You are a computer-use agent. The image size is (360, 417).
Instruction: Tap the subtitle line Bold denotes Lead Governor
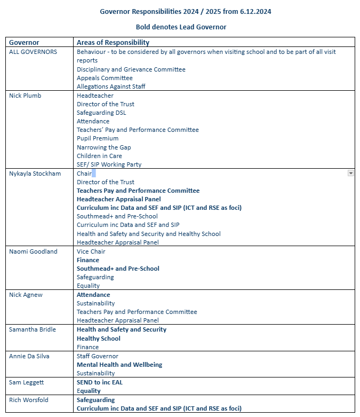pos(181,27)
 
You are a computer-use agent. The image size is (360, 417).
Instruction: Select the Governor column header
pos(24,42)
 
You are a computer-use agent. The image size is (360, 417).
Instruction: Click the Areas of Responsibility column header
pos(113,42)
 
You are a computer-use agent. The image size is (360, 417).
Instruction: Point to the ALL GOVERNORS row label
pos(33,52)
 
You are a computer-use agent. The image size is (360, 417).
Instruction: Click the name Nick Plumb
pos(25,96)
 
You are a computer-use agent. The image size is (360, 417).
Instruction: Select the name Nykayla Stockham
pos(35,174)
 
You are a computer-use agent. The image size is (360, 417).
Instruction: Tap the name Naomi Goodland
pos(33,251)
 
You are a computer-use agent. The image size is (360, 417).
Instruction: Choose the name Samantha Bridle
pos(33,329)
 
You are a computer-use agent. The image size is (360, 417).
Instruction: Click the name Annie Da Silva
pos(31,356)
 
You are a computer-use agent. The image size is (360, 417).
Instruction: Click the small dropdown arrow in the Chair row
pos(350,173)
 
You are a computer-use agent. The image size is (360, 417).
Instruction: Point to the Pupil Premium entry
pos(98,138)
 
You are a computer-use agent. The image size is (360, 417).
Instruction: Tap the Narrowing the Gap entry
pos(103,147)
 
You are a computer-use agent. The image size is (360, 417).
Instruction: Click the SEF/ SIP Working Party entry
pos(109,164)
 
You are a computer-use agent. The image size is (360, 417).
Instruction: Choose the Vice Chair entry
pos(91,251)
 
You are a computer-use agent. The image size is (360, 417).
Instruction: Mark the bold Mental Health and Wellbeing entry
pos(119,365)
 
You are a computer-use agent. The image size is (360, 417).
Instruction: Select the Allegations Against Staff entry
pos(111,86)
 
